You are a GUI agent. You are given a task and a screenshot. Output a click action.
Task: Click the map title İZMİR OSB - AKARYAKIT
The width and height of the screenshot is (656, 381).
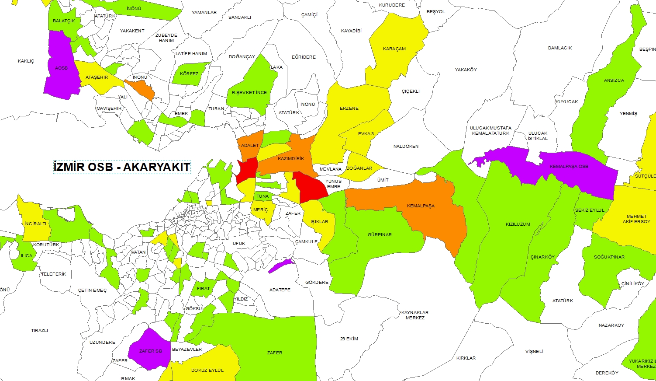pyautogui.click(x=122, y=167)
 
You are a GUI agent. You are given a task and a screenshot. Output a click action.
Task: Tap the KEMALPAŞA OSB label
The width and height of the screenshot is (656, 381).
pyautogui.click(x=569, y=167)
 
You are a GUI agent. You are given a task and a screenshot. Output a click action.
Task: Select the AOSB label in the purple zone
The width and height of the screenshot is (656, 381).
pyautogui.click(x=61, y=68)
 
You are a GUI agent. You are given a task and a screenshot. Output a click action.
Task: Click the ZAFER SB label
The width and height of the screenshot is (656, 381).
pyautogui.click(x=150, y=351)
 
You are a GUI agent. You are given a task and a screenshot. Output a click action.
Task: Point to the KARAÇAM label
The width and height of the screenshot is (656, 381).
pyautogui.click(x=394, y=49)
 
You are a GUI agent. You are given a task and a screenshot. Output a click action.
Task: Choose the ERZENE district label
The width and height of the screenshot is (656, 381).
pyautogui.click(x=349, y=108)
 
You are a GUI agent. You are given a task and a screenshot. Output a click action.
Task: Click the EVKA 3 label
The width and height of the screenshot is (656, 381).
pyautogui.click(x=366, y=134)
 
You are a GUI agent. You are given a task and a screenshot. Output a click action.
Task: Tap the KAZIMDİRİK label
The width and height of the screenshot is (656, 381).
pyautogui.click(x=291, y=159)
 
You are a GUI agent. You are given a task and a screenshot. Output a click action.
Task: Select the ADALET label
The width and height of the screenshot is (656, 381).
pyautogui.click(x=249, y=146)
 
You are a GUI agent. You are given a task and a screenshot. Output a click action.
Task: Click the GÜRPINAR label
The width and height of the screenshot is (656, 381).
pyautogui.click(x=380, y=235)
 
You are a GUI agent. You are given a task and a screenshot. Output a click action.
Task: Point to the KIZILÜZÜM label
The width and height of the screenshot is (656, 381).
pyautogui.click(x=518, y=224)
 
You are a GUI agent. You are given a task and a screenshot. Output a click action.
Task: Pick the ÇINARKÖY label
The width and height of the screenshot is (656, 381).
pyautogui.click(x=542, y=257)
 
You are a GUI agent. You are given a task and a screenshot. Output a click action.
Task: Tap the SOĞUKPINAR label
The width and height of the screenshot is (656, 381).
pyautogui.click(x=609, y=257)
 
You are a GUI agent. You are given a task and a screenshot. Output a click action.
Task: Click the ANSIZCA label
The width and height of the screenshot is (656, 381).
pyautogui.click(x=614, y=80)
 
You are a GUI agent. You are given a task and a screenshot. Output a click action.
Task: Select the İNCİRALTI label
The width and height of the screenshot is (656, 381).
pyautogui.click(x=35, y=224)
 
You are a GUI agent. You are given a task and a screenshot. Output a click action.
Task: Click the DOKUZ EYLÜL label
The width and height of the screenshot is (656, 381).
pyautogui.click(x=207, y=371)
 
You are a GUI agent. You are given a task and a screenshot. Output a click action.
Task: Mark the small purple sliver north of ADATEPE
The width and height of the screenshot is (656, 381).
pyautogui.click(x=280, y=266)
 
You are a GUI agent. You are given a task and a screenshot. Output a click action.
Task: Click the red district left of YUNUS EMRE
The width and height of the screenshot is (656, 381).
pyautogui.click(x=311, y=188)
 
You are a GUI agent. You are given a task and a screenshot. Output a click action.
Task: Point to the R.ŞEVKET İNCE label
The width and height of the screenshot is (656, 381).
pyautogui.click(x=249, y=93)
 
